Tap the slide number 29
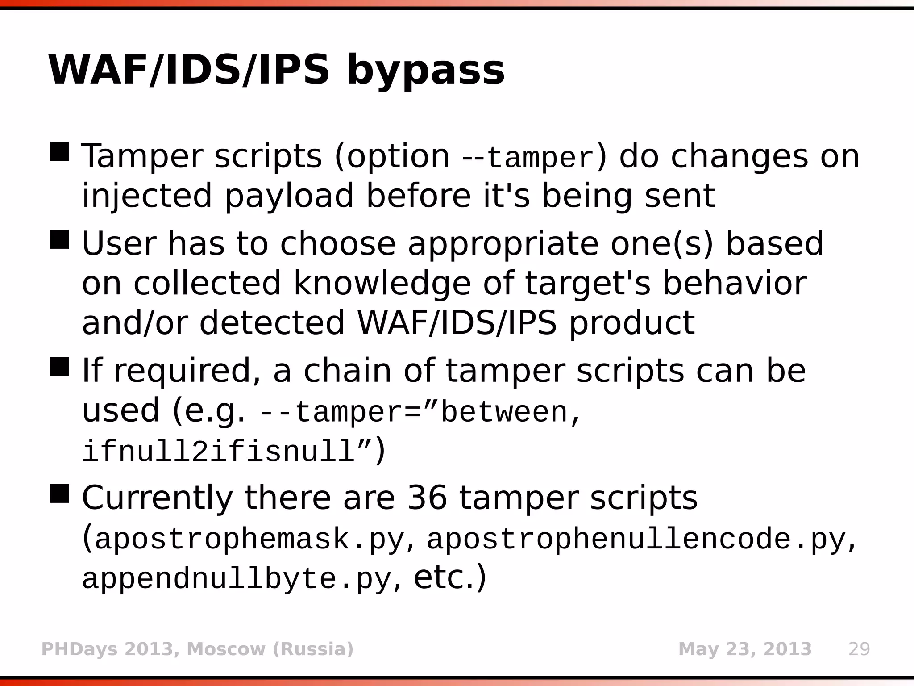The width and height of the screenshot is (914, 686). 859,649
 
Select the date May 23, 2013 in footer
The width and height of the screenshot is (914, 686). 744,649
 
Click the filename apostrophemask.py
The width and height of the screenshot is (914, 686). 249,539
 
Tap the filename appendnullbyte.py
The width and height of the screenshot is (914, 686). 237,579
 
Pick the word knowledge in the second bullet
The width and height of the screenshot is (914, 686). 382,283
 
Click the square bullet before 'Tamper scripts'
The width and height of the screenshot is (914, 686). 60,152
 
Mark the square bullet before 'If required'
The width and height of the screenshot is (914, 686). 60,366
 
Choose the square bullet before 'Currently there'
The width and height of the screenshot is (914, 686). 60,494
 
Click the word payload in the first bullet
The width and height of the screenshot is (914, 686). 289,197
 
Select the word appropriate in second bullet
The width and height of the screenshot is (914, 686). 503,244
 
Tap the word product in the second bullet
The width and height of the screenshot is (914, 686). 632,322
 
